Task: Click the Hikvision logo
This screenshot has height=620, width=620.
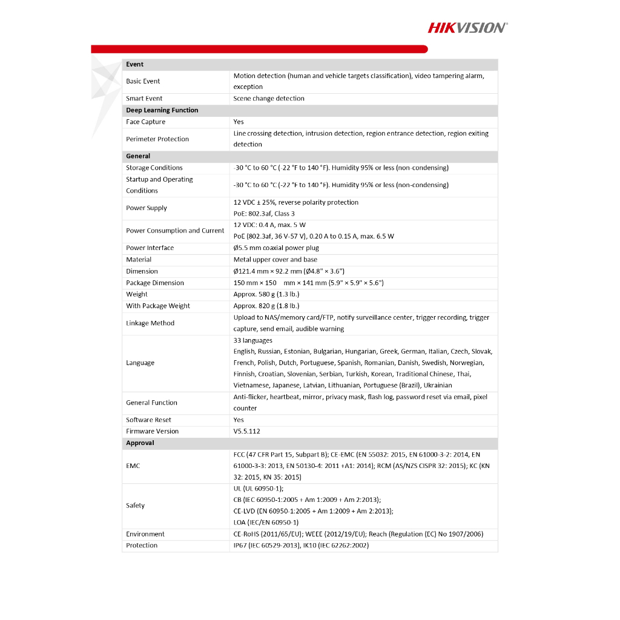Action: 467,27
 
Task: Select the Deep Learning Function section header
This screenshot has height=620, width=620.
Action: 162,110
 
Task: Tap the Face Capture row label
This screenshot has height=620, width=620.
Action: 145,122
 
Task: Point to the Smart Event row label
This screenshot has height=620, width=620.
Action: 144,99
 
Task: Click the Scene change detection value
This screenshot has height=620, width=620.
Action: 269,99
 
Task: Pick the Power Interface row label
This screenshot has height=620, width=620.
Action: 150,248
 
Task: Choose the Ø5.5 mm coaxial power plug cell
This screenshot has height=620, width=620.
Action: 276,248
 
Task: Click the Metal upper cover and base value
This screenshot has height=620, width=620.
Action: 275,259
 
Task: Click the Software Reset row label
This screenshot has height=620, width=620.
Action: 148,420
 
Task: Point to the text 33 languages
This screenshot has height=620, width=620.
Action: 253,340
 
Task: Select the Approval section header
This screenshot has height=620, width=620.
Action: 140,443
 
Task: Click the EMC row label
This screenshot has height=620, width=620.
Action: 133,466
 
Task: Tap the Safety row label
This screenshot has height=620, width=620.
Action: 135,506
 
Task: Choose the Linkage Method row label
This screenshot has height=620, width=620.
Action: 150,323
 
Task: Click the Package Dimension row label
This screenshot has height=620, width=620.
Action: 154,283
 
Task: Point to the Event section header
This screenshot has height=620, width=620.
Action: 134,64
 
